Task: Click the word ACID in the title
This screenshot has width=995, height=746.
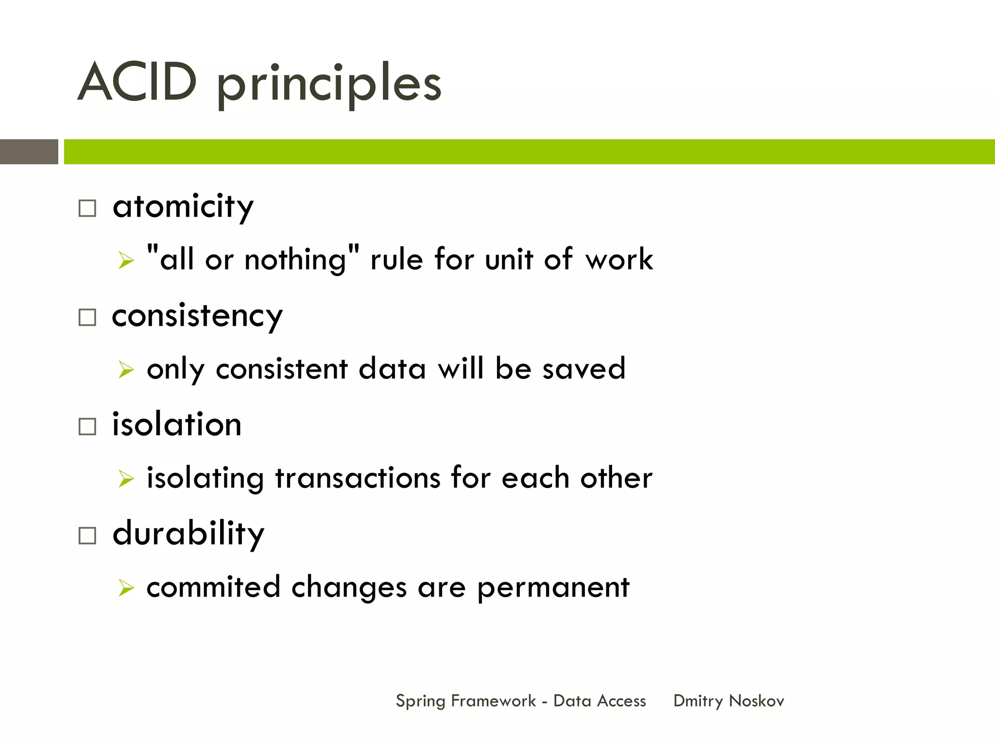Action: pos(137,83)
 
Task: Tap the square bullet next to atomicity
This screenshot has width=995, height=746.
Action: pos(87,208)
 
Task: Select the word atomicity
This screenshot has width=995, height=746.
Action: pos(183,207)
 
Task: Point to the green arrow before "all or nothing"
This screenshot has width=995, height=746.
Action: pos(126,260)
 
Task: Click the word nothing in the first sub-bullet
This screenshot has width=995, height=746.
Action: pos(295,260)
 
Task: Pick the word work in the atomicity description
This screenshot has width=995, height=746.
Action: pos(619,259)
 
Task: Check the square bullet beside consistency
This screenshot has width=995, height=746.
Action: pos(87,318)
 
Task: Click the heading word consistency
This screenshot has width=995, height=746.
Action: pos(197,316)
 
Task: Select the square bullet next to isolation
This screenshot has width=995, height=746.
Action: pos(87,426)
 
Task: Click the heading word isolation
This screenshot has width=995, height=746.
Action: pos(177,424)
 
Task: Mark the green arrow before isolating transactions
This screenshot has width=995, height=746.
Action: pos(126,479)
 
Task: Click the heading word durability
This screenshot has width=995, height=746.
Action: pos(189,534)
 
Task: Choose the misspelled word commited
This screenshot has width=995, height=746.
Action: pos(214,587)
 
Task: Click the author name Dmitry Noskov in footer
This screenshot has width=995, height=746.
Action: pos(728,701)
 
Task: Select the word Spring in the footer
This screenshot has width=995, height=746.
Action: pos(420,701)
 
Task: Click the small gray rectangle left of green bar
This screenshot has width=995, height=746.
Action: pos(29,152)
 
